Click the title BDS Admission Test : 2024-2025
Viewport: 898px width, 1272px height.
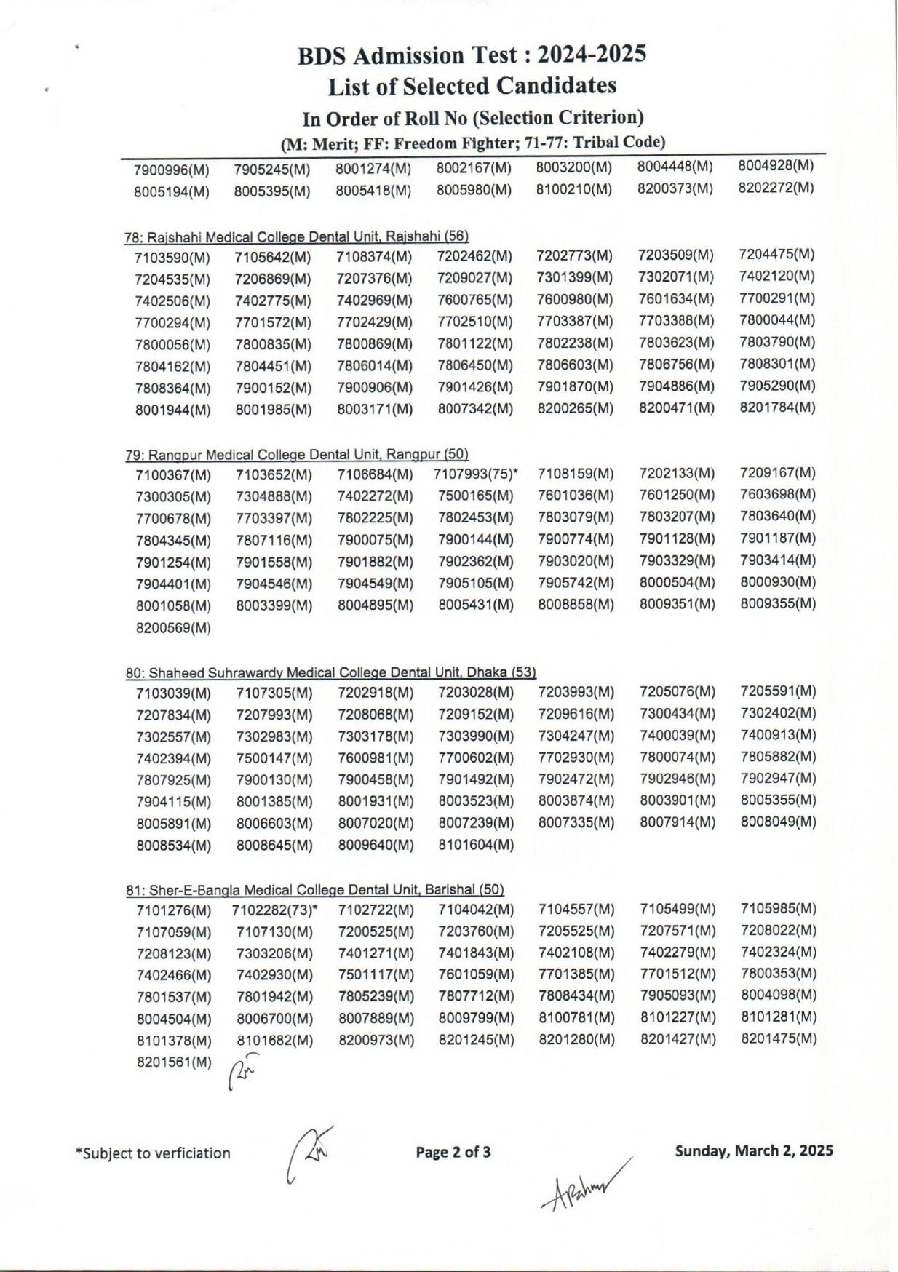472,55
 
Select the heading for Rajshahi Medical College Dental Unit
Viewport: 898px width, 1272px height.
297,236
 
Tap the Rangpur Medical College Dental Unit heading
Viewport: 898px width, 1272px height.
297,455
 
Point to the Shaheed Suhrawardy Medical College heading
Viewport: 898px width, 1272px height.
331,673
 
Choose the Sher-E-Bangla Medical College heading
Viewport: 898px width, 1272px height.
315,890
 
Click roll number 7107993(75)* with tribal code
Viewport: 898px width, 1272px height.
476,475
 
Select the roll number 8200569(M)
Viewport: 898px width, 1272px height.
173,627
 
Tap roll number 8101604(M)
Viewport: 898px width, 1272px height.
476,845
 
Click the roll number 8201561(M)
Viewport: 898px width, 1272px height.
174,1062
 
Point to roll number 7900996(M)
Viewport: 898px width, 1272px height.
172,171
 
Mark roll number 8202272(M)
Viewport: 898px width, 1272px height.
776,188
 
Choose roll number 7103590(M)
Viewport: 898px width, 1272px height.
172,258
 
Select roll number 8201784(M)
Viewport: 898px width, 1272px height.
777,407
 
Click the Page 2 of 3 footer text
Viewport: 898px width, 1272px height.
453,1152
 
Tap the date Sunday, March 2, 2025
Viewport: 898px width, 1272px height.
754,1150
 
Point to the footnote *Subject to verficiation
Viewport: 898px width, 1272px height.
153,1153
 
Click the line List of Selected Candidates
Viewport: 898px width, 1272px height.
472,86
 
